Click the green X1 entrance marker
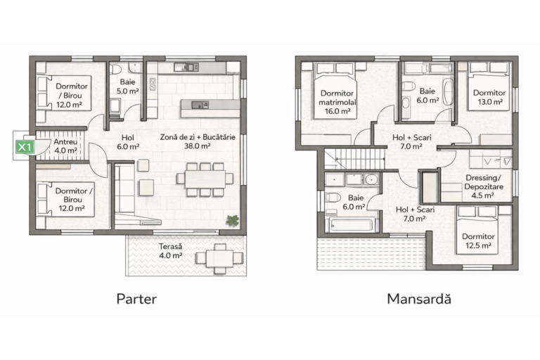point(25,147)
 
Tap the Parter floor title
point(136,299)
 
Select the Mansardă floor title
point(419,299)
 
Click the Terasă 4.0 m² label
point(170,251)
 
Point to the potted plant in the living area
point(233,221)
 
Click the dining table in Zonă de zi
point(205,179)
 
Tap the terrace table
point(219,258)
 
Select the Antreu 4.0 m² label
point(65,146)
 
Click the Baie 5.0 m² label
point(127,86)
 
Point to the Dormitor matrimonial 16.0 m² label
point(337,102)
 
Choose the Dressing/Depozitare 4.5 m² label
point(484,187)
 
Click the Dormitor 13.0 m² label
point(489,97)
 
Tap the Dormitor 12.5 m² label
point(478,240)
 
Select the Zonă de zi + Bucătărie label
point(198,137)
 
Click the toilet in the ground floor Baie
point(115,69)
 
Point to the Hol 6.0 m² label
point(128,142)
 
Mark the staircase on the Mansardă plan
point(354,158)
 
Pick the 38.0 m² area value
point(198,146)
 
